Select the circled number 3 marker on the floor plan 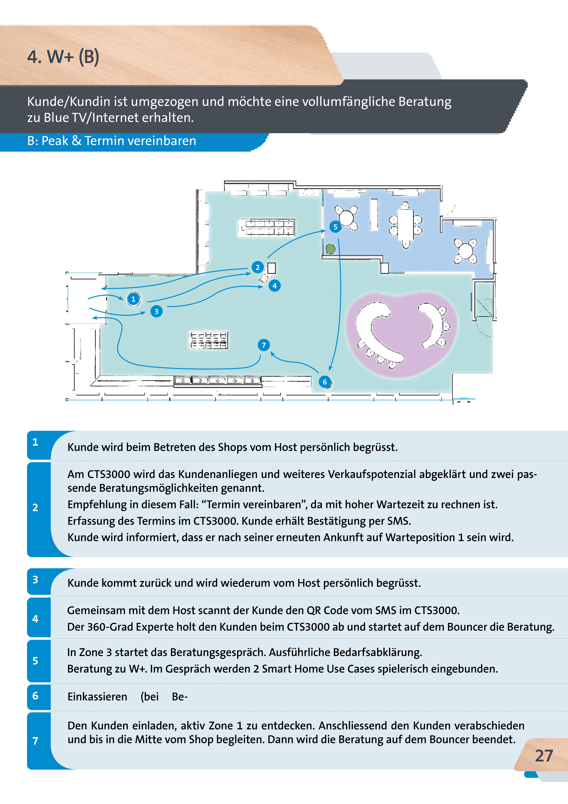pos(156,311)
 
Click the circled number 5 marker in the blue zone pos(335,227)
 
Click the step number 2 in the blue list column pos(35,507)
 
